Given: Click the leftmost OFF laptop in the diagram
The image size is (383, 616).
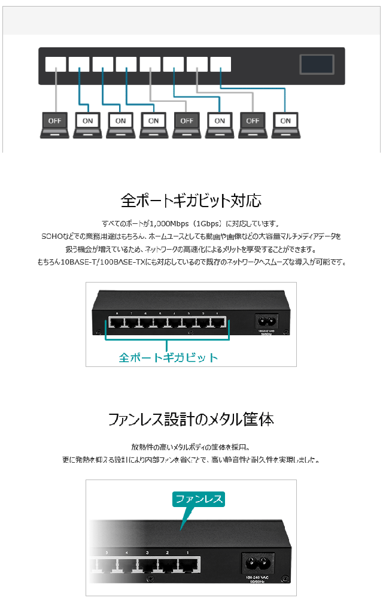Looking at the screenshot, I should [54, 122].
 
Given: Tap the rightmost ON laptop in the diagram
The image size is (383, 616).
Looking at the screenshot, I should [285, 122].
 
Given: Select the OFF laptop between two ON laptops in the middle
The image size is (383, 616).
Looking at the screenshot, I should [187, 122].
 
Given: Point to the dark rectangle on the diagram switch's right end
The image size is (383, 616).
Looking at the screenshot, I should [317, 64].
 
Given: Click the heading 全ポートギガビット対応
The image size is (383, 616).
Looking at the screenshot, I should [191, 199].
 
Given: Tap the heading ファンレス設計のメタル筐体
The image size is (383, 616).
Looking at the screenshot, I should [191, 419].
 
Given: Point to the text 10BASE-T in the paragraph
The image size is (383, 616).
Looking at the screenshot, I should [74, 262].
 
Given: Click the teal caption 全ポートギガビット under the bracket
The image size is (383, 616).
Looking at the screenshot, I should [168, 357].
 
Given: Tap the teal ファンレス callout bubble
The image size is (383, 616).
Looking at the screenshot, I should [198, 499].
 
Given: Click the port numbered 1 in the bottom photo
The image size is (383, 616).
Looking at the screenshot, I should [189, 565].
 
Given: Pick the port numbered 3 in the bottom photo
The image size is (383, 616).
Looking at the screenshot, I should [148, 565].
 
